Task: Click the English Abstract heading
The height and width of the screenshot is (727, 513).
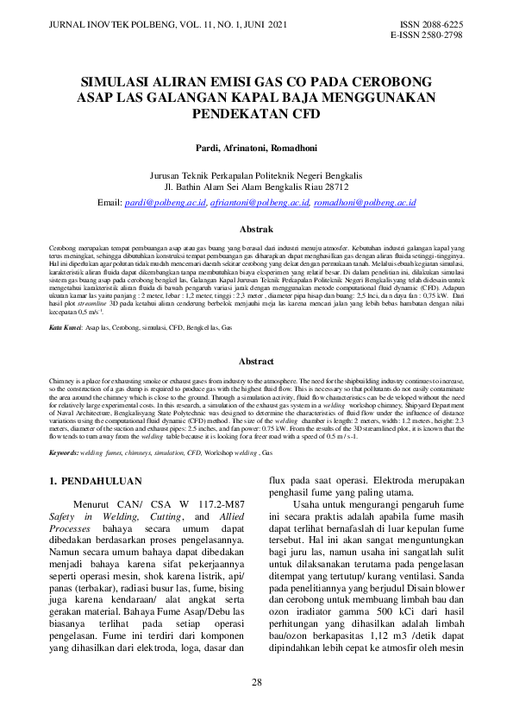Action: pos(256,362)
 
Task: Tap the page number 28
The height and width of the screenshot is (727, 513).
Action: pos(256,684)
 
